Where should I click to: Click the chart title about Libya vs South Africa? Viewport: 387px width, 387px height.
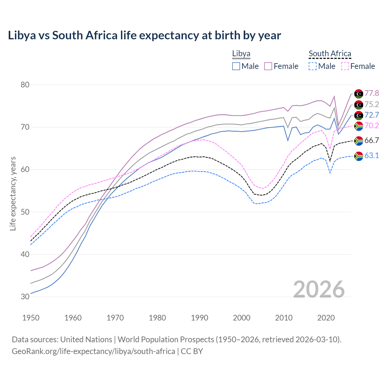coord(145,35)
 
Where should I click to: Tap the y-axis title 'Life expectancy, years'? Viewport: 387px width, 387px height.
coord(13,193)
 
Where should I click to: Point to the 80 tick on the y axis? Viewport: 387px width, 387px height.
coord(25,85)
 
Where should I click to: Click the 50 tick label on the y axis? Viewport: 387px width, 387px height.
coord(25,212)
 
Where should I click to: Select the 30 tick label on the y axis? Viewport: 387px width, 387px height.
coord(25,297)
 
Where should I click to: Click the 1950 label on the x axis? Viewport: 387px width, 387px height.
coord(31,318)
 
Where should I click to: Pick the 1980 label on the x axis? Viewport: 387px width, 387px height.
coord(158,318)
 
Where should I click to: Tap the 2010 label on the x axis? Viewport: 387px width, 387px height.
coord(284,318)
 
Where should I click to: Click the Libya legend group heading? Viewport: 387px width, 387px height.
coord(241,54)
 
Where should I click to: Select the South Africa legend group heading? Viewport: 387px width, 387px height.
coord(330,54)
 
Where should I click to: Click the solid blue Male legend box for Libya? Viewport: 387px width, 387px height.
coord(236,66)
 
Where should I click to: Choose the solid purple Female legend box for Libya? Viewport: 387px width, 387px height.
coord(268,66)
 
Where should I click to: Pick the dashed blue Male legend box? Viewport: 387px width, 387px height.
coord(313,66)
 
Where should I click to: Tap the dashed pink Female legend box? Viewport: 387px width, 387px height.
coord(345,66)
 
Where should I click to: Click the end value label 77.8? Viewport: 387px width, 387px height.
coord(372,93)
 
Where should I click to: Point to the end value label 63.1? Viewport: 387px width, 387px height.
coord(372,156)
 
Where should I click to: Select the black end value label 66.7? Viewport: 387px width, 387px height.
coord(372,141)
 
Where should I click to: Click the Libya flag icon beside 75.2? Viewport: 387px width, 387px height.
coord(359,105)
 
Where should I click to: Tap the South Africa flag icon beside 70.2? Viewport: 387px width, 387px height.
coord(359,126)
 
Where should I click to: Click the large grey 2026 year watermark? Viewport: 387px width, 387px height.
coord(319,289)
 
